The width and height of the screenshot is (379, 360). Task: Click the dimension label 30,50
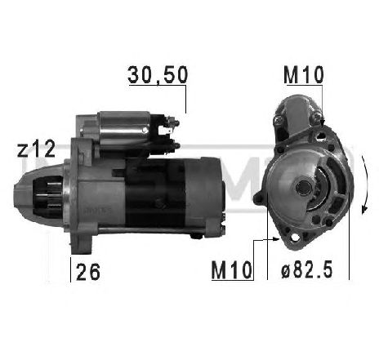point(158,74)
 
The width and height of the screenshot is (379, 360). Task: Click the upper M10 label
point(303,74)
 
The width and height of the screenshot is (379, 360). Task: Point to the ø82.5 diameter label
point(306,271)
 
